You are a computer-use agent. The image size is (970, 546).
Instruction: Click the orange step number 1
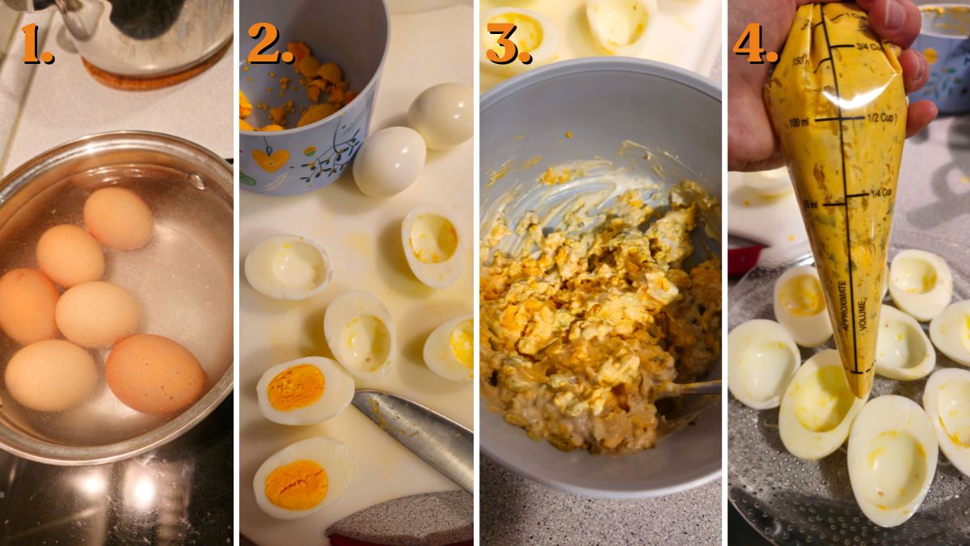click(x=36, y=44)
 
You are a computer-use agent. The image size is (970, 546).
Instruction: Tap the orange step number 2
click(x=269, y=44)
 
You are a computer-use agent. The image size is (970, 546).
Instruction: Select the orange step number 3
click(x=508, y=44)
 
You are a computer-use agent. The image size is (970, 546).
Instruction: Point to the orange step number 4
click(x=754, y=44)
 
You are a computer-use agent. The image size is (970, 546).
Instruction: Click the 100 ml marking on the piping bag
click(x=799, y=122)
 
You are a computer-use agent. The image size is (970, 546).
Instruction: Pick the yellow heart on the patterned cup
click(x=270, y=159)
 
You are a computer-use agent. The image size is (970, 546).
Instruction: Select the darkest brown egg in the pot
click(x=155, y=374)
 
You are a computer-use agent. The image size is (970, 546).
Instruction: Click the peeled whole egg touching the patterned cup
click(x=389, y=161)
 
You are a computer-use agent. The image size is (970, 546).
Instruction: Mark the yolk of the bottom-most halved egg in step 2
click(x=297, y=484)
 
